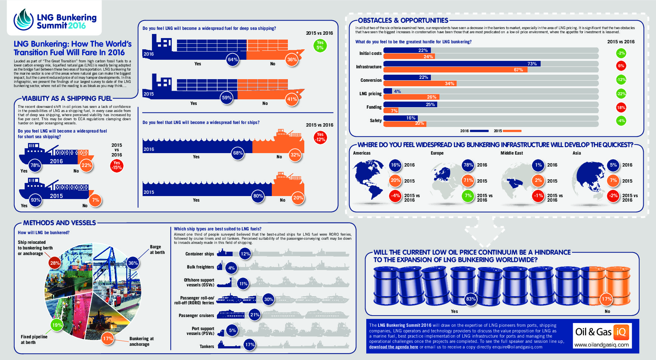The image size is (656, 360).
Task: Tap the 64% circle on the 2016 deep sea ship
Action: coord(233,60)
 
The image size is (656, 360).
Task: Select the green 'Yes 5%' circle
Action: coord(320,45)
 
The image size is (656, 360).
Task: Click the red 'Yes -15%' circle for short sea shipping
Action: coord(117,165)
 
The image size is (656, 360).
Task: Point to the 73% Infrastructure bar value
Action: coord(532,64)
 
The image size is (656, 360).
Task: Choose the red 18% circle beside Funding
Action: coord(621,108)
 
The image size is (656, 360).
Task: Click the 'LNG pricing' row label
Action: coord(370,94)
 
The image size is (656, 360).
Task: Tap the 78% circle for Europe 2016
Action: coord(468,165)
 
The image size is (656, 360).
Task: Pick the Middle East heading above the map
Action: coord(512,153)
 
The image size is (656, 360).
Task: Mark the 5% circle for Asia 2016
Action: coord(613,165)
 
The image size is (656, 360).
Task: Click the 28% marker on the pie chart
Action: coord(55,263)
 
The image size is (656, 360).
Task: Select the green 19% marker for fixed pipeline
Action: coord(57,325)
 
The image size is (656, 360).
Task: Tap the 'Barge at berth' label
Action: coord(157,249)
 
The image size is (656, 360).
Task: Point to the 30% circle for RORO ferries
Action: coord(268,299)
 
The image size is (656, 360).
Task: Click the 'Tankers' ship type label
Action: coord(206,347)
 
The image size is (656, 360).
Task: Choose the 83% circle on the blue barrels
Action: coord(471,299)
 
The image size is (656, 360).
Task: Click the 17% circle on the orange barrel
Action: coord(606,299)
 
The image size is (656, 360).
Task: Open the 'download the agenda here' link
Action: coord(394,347)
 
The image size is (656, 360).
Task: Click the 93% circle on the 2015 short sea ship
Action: coord(35,200)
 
